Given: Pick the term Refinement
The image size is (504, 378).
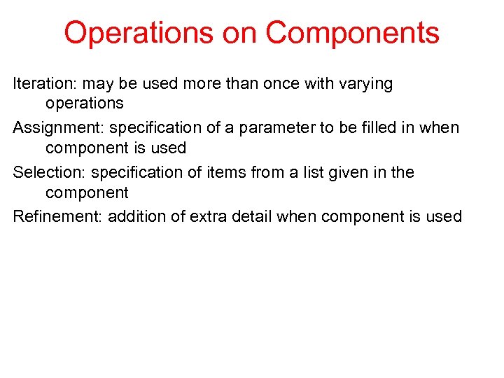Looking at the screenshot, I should click(x=57, y=216).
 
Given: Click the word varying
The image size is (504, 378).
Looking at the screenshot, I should click(x=365, y=84).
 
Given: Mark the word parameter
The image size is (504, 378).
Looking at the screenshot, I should click(x=267, y=128).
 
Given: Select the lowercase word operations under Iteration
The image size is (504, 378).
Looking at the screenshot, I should click(x=85, y=104).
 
